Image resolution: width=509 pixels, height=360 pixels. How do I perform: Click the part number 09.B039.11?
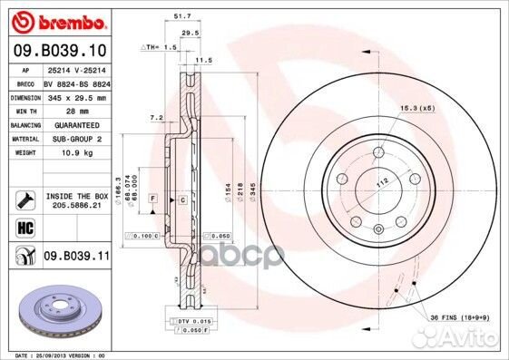75,257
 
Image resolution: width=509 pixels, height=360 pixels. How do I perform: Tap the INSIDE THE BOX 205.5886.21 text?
75,200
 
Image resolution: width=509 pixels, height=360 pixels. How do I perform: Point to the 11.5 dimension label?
204,60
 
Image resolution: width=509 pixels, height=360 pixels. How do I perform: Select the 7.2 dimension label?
155,118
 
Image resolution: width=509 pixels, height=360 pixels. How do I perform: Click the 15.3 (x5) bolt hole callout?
415,110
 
